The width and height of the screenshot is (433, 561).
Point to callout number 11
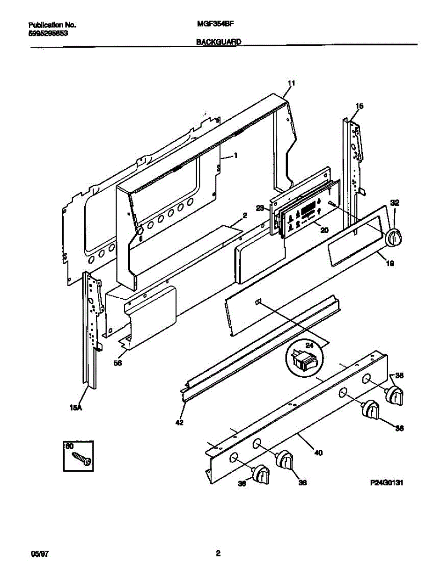pyautogui.click(x=291, y=84)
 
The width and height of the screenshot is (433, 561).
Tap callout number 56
pyautogui.click(x=118, y=362)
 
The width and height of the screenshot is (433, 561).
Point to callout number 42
pyautogui.click(x=179, y=423)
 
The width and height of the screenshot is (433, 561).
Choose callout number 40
pyautogui.click(x=318, y=453)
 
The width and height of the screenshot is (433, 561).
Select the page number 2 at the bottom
pyautogui.click(x=218, y=554)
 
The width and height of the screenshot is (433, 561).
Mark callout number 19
pyautogui.click(x=389, y=264)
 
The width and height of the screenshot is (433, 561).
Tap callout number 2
pyautogui.click(x=244, y=216)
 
